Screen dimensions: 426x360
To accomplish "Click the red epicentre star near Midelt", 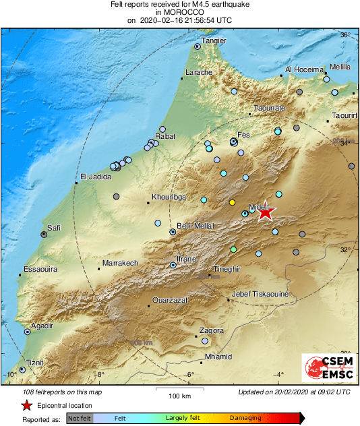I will tap(266, 212).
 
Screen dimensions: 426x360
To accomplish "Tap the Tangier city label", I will tap(214, 40).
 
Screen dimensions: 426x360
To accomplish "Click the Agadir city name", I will tap(42, 326).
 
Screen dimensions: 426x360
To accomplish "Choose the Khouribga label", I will tap(168, 198).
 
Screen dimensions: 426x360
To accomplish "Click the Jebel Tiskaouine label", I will tap(260, 294).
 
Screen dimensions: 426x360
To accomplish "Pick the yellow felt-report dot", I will tap(232, 202).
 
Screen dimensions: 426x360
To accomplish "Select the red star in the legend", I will tap(26, 405).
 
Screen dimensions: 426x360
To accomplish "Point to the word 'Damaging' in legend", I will tap(245, 419).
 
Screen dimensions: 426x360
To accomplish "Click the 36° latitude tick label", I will tap(344, 34).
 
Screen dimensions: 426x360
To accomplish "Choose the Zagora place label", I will tap(211, 331).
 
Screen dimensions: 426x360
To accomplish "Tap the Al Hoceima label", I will tap(306, 69).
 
